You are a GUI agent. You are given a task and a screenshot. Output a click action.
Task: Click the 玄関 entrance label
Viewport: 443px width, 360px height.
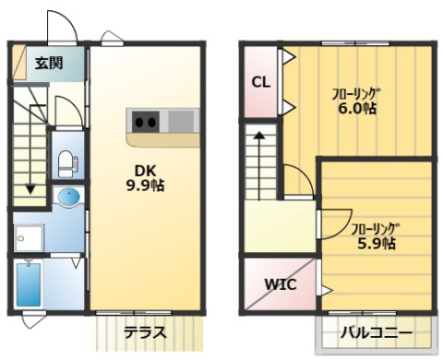(x=49, y=64)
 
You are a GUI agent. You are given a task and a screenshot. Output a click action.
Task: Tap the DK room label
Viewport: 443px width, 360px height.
(x=145, y=169)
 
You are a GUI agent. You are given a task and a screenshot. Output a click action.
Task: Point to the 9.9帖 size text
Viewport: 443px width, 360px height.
(x=145, y=185)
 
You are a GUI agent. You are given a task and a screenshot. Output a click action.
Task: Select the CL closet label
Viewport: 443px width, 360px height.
(x=261, y=81)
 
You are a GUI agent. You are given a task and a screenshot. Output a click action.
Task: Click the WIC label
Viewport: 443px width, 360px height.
(x=281, y=284)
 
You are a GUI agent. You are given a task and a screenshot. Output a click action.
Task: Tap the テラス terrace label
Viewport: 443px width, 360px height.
(x=145, y=331)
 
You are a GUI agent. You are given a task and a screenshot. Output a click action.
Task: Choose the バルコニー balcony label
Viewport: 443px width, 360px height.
(x=375, y=332)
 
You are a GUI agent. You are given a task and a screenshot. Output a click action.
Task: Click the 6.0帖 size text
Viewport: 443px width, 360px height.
(x=355, y=108)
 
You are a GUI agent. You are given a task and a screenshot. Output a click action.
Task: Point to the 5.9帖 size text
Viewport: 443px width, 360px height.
(x=376, y=244)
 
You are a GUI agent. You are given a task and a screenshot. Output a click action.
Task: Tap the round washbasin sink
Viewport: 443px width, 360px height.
(x=68, y=198)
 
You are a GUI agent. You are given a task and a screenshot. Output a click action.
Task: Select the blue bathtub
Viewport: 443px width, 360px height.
(x=30, y=287)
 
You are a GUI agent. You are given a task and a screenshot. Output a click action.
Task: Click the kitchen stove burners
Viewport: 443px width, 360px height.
(x=145, y=121)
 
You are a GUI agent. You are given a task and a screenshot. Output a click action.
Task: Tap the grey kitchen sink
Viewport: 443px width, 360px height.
(x=181, y=121)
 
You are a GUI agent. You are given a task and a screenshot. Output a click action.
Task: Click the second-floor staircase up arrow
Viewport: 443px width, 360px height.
(x=260, y=138)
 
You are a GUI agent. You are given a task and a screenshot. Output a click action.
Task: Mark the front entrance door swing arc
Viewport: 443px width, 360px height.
(x=61, y=28)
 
